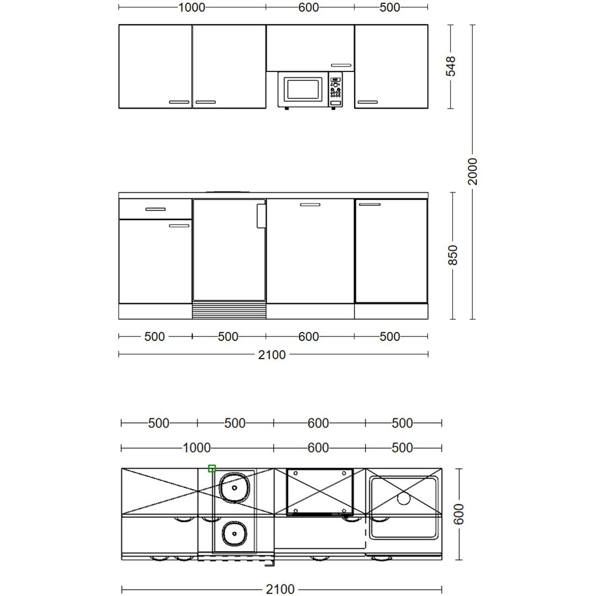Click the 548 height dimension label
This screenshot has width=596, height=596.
click(451, 66)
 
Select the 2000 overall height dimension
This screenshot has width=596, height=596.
click(472, 171)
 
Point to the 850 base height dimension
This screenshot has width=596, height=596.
click(453, 255)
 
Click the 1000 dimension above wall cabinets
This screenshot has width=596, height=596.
click(192, 8)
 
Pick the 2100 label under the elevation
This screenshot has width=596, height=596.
click(272, 354)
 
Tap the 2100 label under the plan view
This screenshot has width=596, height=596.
click(281, 589)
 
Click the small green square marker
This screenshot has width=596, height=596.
click(212, 468)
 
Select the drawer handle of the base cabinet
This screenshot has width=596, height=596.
click(155, 209)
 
